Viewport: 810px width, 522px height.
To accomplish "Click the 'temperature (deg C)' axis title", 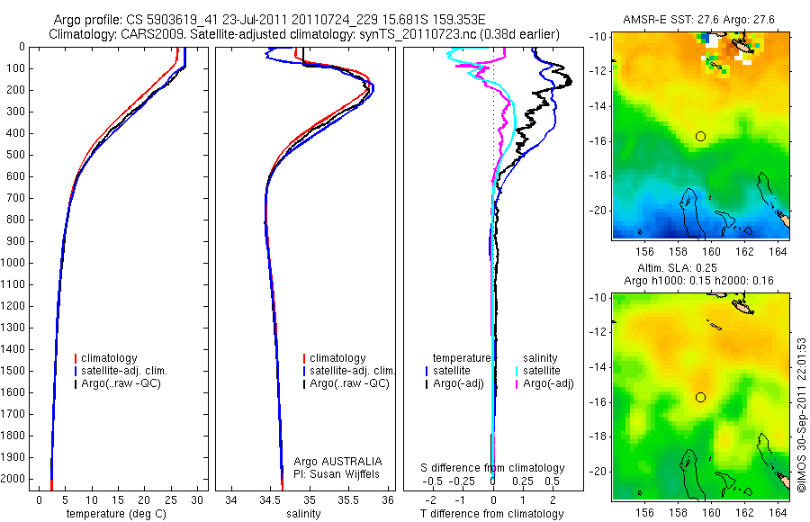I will [x=112, y=514].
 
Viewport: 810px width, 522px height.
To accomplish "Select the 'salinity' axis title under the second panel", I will [x=303, y=514].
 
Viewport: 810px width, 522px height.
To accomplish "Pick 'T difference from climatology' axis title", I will [x=492, y=514].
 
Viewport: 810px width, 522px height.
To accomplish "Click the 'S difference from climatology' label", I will [x=493, y=468].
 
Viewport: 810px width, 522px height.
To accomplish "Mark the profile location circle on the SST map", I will [x=700, y=136].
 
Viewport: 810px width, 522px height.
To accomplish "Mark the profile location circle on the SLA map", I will [x=700, y=397].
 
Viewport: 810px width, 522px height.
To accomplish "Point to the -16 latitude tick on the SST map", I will [x=601, y=141].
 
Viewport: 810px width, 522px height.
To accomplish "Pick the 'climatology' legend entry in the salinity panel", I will [x=338, y=358].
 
